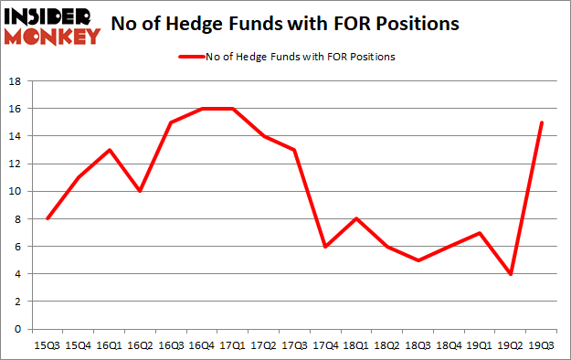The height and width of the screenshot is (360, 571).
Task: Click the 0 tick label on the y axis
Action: pyautogui.click(x=17, y=329)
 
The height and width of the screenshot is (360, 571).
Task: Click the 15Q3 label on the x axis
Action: pyautogui.click(x=47, y=344)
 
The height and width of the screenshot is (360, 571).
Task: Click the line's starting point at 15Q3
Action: pyautogui.click(x=47, y=218)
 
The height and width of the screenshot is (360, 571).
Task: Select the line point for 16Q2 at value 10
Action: pyautogui.click(x=140, y=191)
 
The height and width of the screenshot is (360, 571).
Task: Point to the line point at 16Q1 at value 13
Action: pyautogui.click(x=109, y=150)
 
